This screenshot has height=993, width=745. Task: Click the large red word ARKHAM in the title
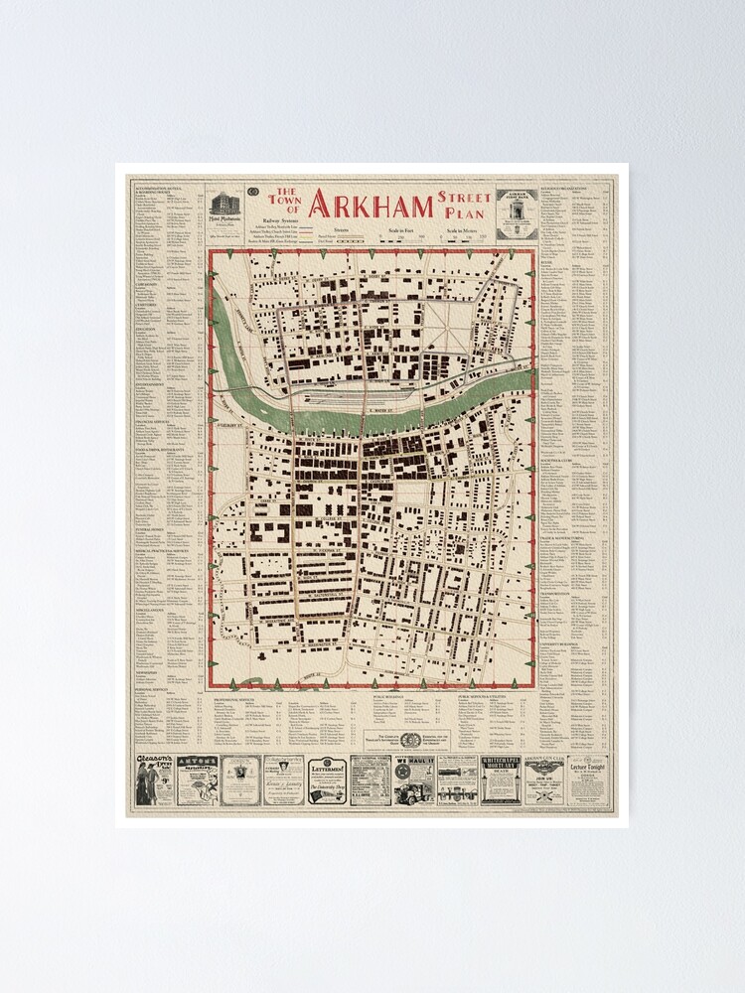pos(371,204)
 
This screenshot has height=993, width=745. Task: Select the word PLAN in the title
pos(460,212)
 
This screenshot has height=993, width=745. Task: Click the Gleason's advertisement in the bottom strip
pos(156,779)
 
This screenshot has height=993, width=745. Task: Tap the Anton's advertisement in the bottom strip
pos(196,779)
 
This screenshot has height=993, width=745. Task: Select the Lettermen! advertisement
pos(327,779)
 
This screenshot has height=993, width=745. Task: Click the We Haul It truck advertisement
pos(414,779)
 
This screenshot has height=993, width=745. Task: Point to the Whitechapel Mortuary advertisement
pos(502,779)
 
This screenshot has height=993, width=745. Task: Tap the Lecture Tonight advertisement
pos(589,779)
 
